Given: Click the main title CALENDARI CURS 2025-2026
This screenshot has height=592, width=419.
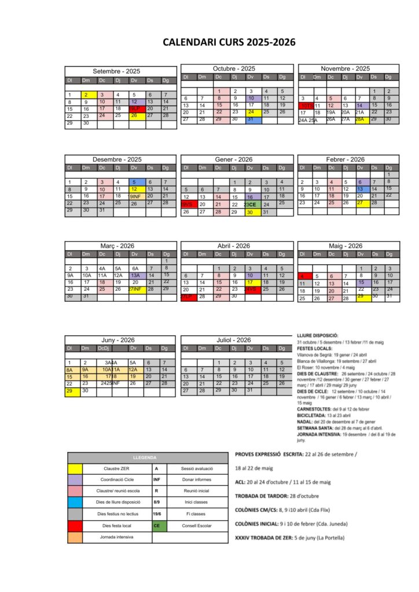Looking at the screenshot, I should click(x=229, y=42).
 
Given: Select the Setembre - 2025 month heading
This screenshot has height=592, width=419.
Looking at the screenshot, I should click(x=117, y=71).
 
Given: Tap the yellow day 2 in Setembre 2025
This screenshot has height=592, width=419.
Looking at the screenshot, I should click(x=86, y=95).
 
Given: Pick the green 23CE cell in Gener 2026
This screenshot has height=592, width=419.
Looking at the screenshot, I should click(x=251, y=204).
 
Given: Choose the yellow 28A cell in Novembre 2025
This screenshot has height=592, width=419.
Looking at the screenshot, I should click(x=359, y=120).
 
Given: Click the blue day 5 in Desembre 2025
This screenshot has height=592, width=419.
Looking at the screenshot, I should click(x=133, y=182).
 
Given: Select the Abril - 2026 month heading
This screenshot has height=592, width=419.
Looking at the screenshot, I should click(x=233, y=246).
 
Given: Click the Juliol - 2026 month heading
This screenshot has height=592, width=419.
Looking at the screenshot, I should click(x=233, y=340).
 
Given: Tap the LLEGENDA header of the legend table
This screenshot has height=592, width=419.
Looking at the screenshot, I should click(x=148, y=457).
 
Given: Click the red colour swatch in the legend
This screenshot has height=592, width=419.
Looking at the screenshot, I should click(x=75, y=526).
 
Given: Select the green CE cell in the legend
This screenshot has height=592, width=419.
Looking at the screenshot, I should click(x=156, y=526).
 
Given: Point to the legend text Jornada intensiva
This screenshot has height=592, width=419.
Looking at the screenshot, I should click(x=117, y=537).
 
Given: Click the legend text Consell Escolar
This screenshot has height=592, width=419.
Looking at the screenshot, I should click(x=197, y=526).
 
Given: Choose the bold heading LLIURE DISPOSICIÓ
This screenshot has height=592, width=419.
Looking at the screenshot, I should click(x=317, y=335).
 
